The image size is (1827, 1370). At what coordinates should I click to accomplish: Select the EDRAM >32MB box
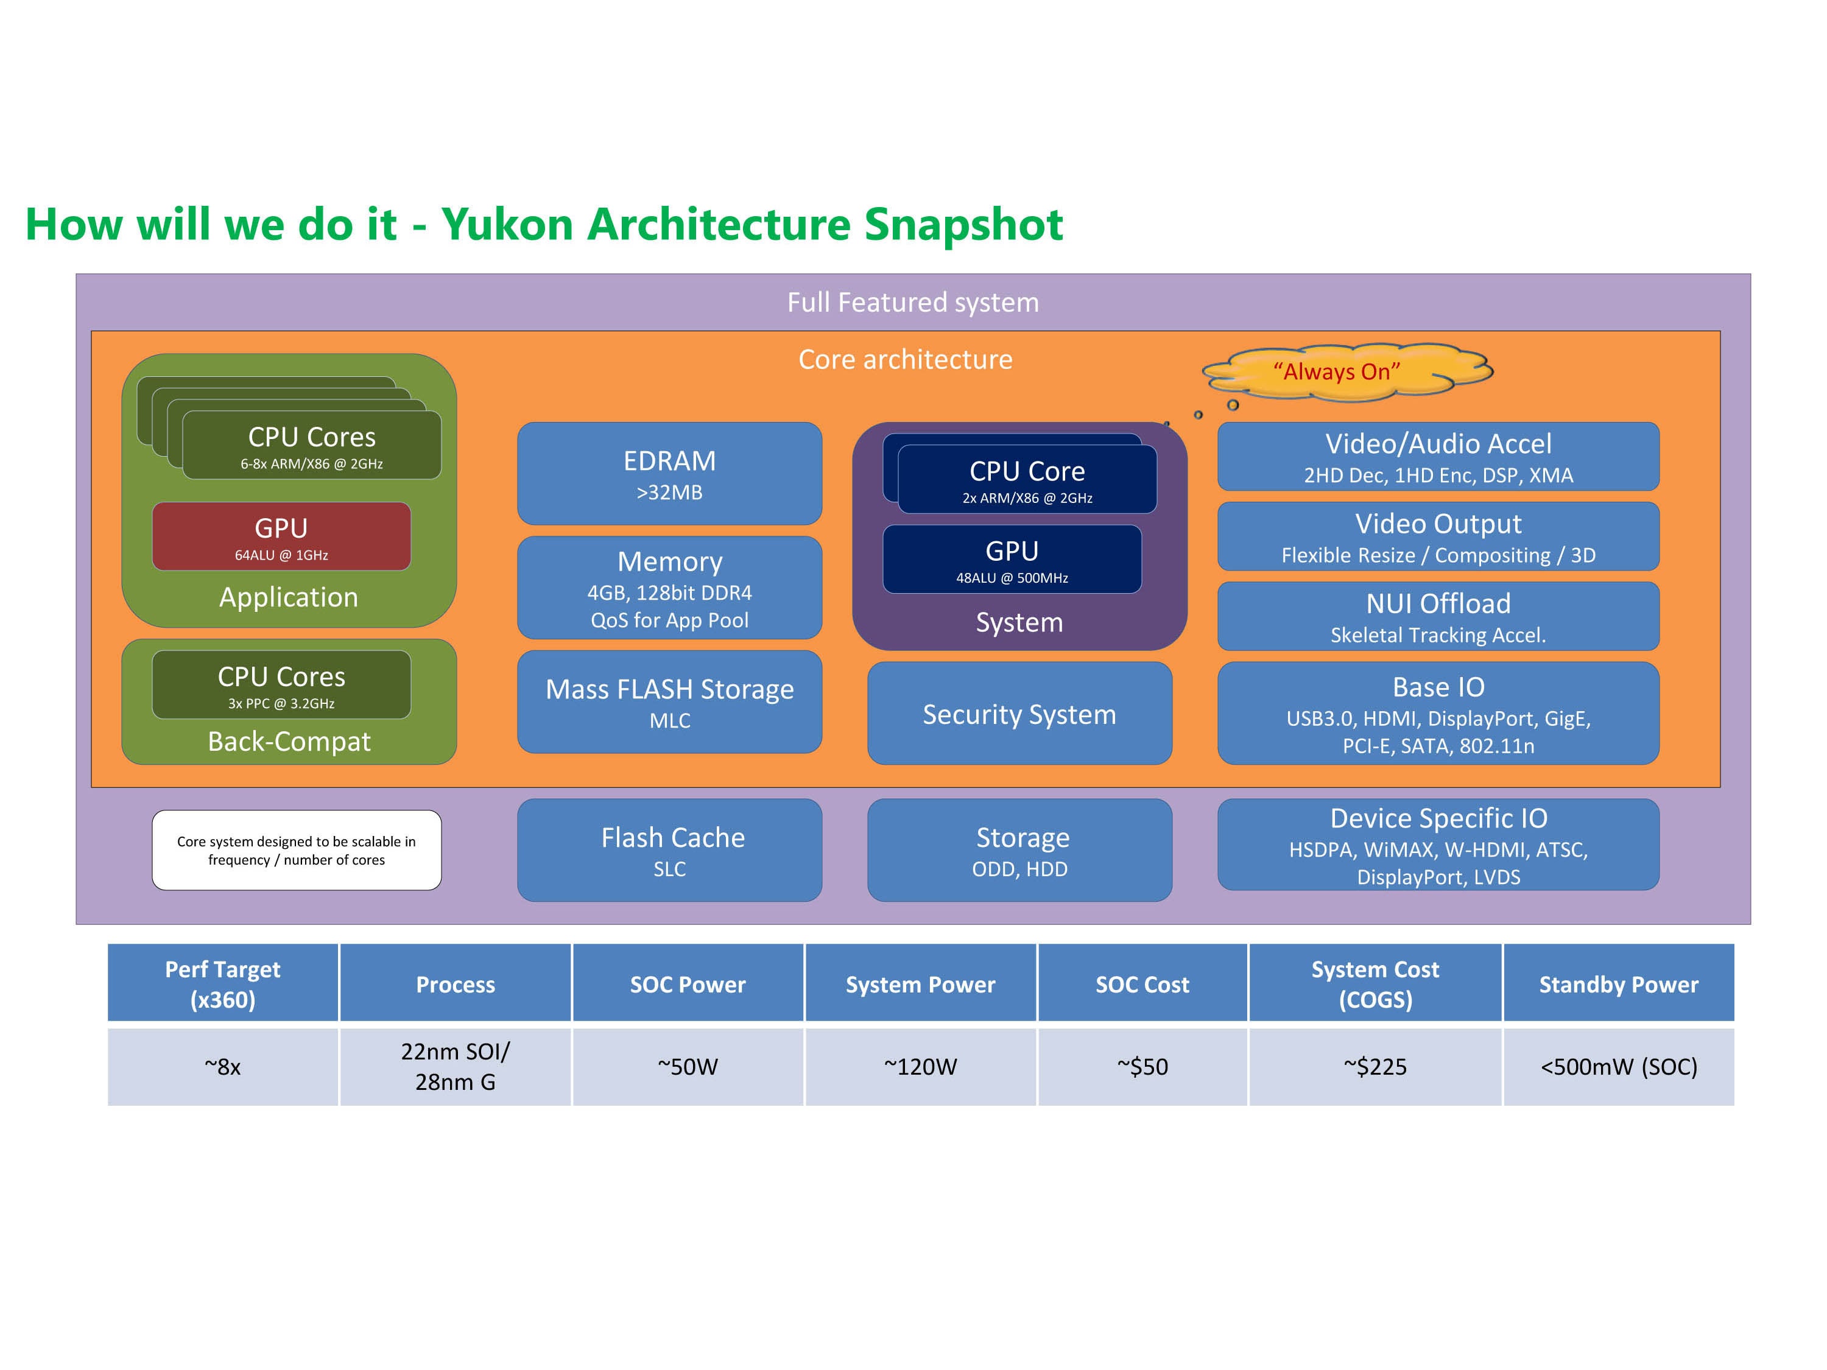coord(669,473)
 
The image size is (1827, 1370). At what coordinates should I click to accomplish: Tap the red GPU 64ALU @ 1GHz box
coord(281,537)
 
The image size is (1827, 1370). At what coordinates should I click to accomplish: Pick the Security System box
coord(1019,714)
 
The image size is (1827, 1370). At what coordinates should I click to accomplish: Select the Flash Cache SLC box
coord(669,850)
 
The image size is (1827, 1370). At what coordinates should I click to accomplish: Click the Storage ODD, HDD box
coord(1019,850)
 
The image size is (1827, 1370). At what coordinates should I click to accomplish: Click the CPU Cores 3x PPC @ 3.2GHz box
coord(281,684)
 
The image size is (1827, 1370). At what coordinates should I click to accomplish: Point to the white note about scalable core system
coord(297,850)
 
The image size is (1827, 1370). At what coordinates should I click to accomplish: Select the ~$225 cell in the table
coord(1375,1066)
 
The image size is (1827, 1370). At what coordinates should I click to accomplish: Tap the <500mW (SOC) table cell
coord(1618,1066)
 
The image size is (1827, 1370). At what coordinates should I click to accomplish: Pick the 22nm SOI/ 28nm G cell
coord(455,1066)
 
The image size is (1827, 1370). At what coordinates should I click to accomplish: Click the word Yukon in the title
coord(506,225)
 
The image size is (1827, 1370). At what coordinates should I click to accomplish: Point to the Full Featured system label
coord(913,302)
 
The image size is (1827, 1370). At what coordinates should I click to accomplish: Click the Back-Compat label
coord(289,742)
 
